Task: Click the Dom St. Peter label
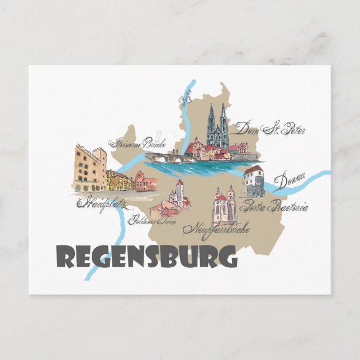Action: point(271,130)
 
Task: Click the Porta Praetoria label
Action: point(273,207)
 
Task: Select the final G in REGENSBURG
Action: point(226,257)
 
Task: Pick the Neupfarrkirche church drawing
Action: point(224,206)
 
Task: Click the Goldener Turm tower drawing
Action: point(179,193)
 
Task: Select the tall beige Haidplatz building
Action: point(89,168)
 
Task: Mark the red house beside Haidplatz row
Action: point(145,182)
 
